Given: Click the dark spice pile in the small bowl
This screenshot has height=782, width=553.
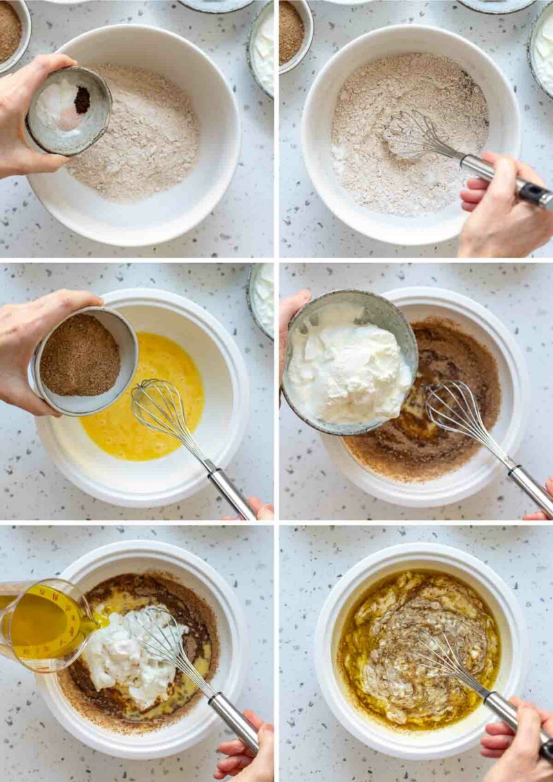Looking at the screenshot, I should click(x=82, y=100).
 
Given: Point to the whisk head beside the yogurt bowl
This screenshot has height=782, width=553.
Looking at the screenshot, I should click(x=456, y=414).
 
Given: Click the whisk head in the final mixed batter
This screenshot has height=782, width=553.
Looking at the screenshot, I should click(x=449, y=663).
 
